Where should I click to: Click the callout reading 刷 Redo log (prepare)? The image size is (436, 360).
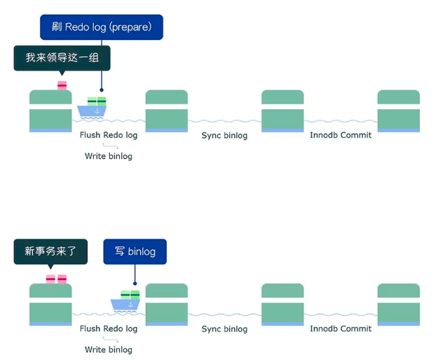tap(102, 27)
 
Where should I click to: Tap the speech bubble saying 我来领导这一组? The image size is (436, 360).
tap(62, 57)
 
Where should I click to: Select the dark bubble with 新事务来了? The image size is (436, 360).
tap(50, 251)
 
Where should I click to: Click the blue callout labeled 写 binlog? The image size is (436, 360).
tap(135, 251)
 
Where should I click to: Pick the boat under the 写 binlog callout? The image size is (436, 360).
tap(125, 303)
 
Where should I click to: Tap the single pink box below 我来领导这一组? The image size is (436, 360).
tap(62, 85)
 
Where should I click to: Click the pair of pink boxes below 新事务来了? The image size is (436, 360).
tap(56, 279)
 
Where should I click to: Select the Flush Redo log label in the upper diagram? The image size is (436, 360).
tap(109, 135)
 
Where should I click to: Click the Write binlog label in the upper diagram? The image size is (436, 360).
tap(109, 155)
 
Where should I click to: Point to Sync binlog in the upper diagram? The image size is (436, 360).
tap(224, 135)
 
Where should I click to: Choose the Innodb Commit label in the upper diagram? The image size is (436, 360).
tap(341, 134)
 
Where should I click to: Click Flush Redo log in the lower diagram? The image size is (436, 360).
tap(109, 328)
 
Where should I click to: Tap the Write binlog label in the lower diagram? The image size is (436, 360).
tap(109, 349)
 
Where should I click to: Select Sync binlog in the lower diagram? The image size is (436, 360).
tap(224, 328)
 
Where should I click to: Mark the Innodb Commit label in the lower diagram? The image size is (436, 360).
tap(341, 328)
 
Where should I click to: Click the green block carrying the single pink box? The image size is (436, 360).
tap(50, 111)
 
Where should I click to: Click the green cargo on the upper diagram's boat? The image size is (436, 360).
tap(96, 102)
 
